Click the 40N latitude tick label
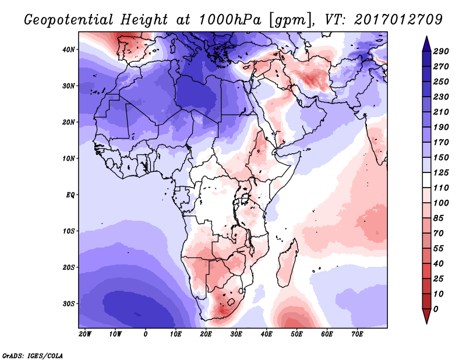coord(69,49)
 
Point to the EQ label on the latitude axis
coord(69,195)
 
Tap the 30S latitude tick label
coord(69,303)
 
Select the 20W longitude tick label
coord(84,334)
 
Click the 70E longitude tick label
coord(357,334)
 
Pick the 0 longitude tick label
coord(145,334)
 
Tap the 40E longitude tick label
coord(266,334)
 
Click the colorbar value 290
coord(441,52)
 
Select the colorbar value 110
coord(441,188)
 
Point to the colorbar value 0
coord(436,308)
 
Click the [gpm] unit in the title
coord(287,19)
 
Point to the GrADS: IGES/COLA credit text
coord(32,355)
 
